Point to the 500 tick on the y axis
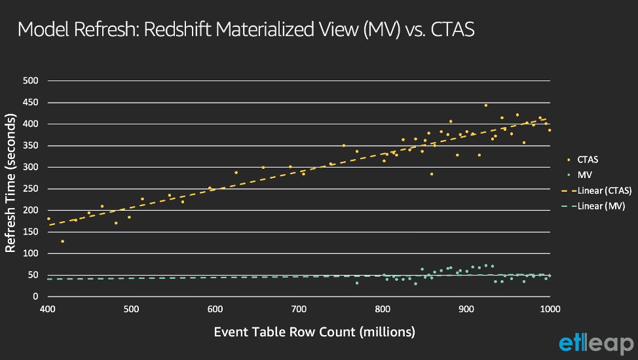pos(31,81)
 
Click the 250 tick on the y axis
pos(31,189)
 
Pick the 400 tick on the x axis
pos(47,309)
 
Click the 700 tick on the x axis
pos(299,309)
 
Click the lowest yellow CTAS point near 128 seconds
pos(62,242)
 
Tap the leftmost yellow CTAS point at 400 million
pos(48,219)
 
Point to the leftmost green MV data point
pos(356,283)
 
